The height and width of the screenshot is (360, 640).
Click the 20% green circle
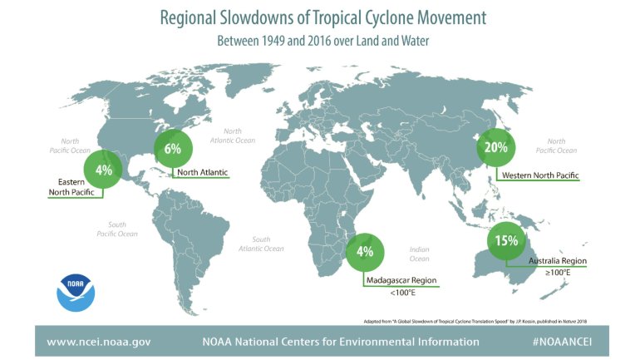[x=496, y=147]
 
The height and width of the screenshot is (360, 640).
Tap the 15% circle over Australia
[x=506, y=241]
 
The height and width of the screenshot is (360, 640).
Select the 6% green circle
[x=173, y=149]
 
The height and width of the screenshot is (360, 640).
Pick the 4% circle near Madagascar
[x=365, y=252]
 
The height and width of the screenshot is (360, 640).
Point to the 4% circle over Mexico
[x=103, y=169]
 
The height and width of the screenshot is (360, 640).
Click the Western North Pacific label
[x=540, y=175]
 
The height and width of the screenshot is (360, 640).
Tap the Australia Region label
[x=558, y=261]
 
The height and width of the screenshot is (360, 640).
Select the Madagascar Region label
[x=401, y=280]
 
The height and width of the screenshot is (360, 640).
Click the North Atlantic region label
[x=203, y=172]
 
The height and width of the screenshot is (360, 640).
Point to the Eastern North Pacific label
[x=71, y=187]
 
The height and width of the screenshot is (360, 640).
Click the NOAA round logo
[x=76, y=293]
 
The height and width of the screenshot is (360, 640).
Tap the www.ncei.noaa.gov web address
[x=99, y=342]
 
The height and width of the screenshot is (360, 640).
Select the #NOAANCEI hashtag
[x=562, y=342]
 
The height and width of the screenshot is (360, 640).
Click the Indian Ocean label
[x=420, y=254]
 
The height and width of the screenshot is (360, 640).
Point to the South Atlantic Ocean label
[x=261, y=244]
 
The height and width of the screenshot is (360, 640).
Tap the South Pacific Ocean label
[x=117, y=229]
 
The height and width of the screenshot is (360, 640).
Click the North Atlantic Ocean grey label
[x=233, y=136]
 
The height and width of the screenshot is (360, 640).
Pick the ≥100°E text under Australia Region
[x=558, y=272]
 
